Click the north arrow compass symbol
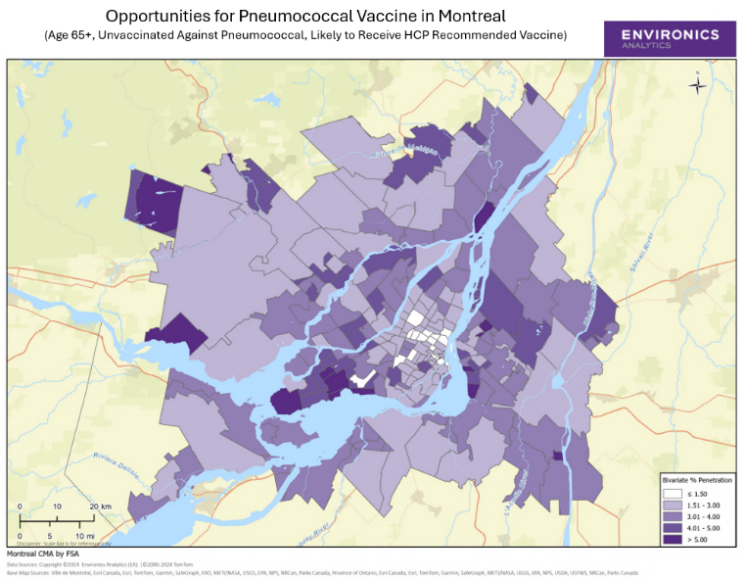[697, 84]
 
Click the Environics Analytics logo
[670, 39]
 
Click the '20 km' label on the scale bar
[99, 507]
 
